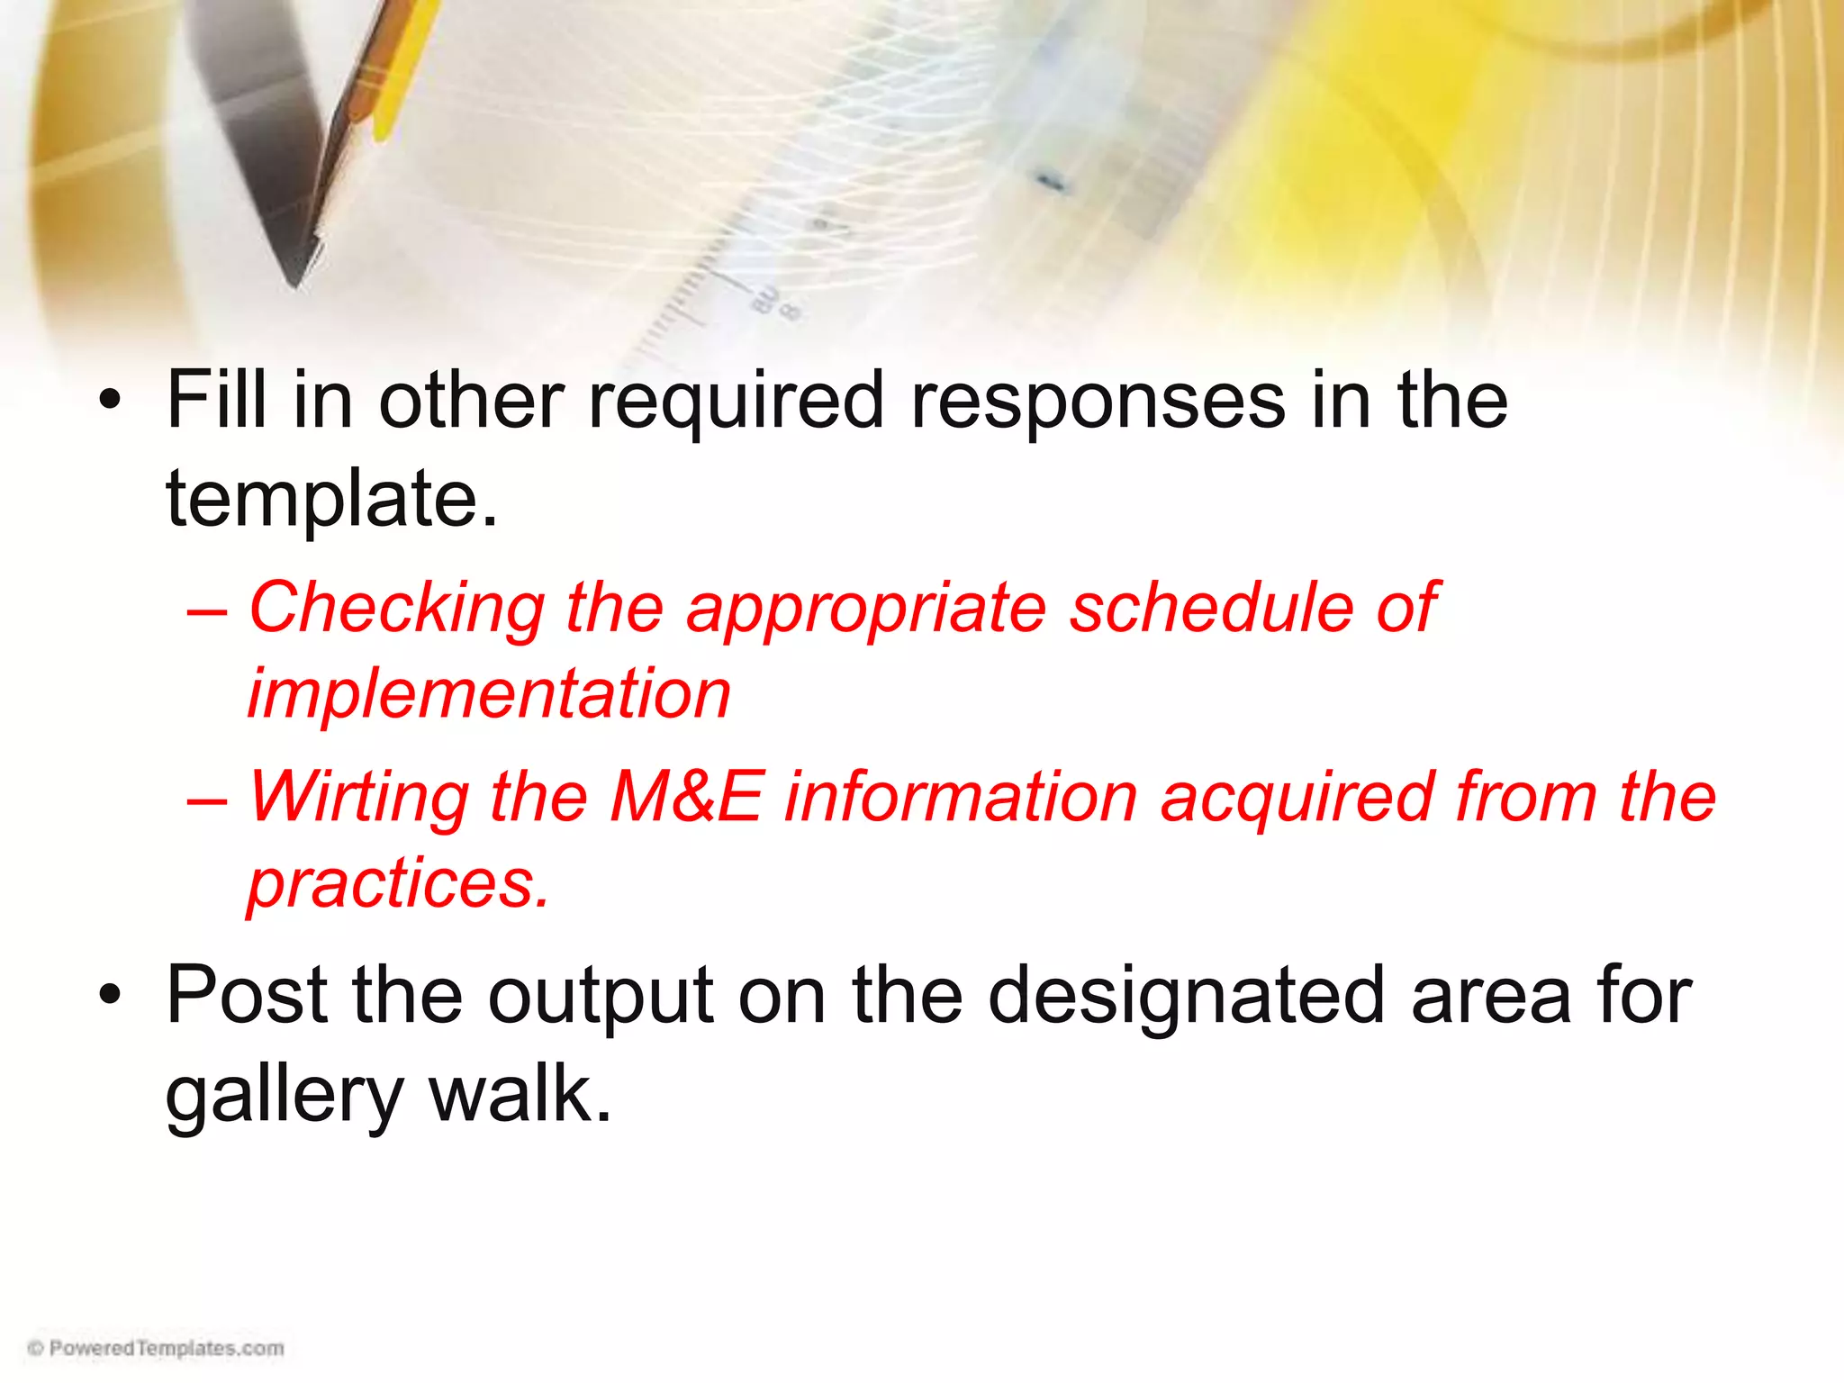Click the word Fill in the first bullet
pos(216,401)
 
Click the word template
pos(330,501)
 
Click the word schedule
pos(1211,608)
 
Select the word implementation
pos(489,694)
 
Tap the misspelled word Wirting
pos(358,798)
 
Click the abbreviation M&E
pos(686,797)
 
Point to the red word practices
pos(398,884)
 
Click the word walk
pos(520,1094)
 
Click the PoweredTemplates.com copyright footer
pos(156,1348)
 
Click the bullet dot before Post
pos(110,996)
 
